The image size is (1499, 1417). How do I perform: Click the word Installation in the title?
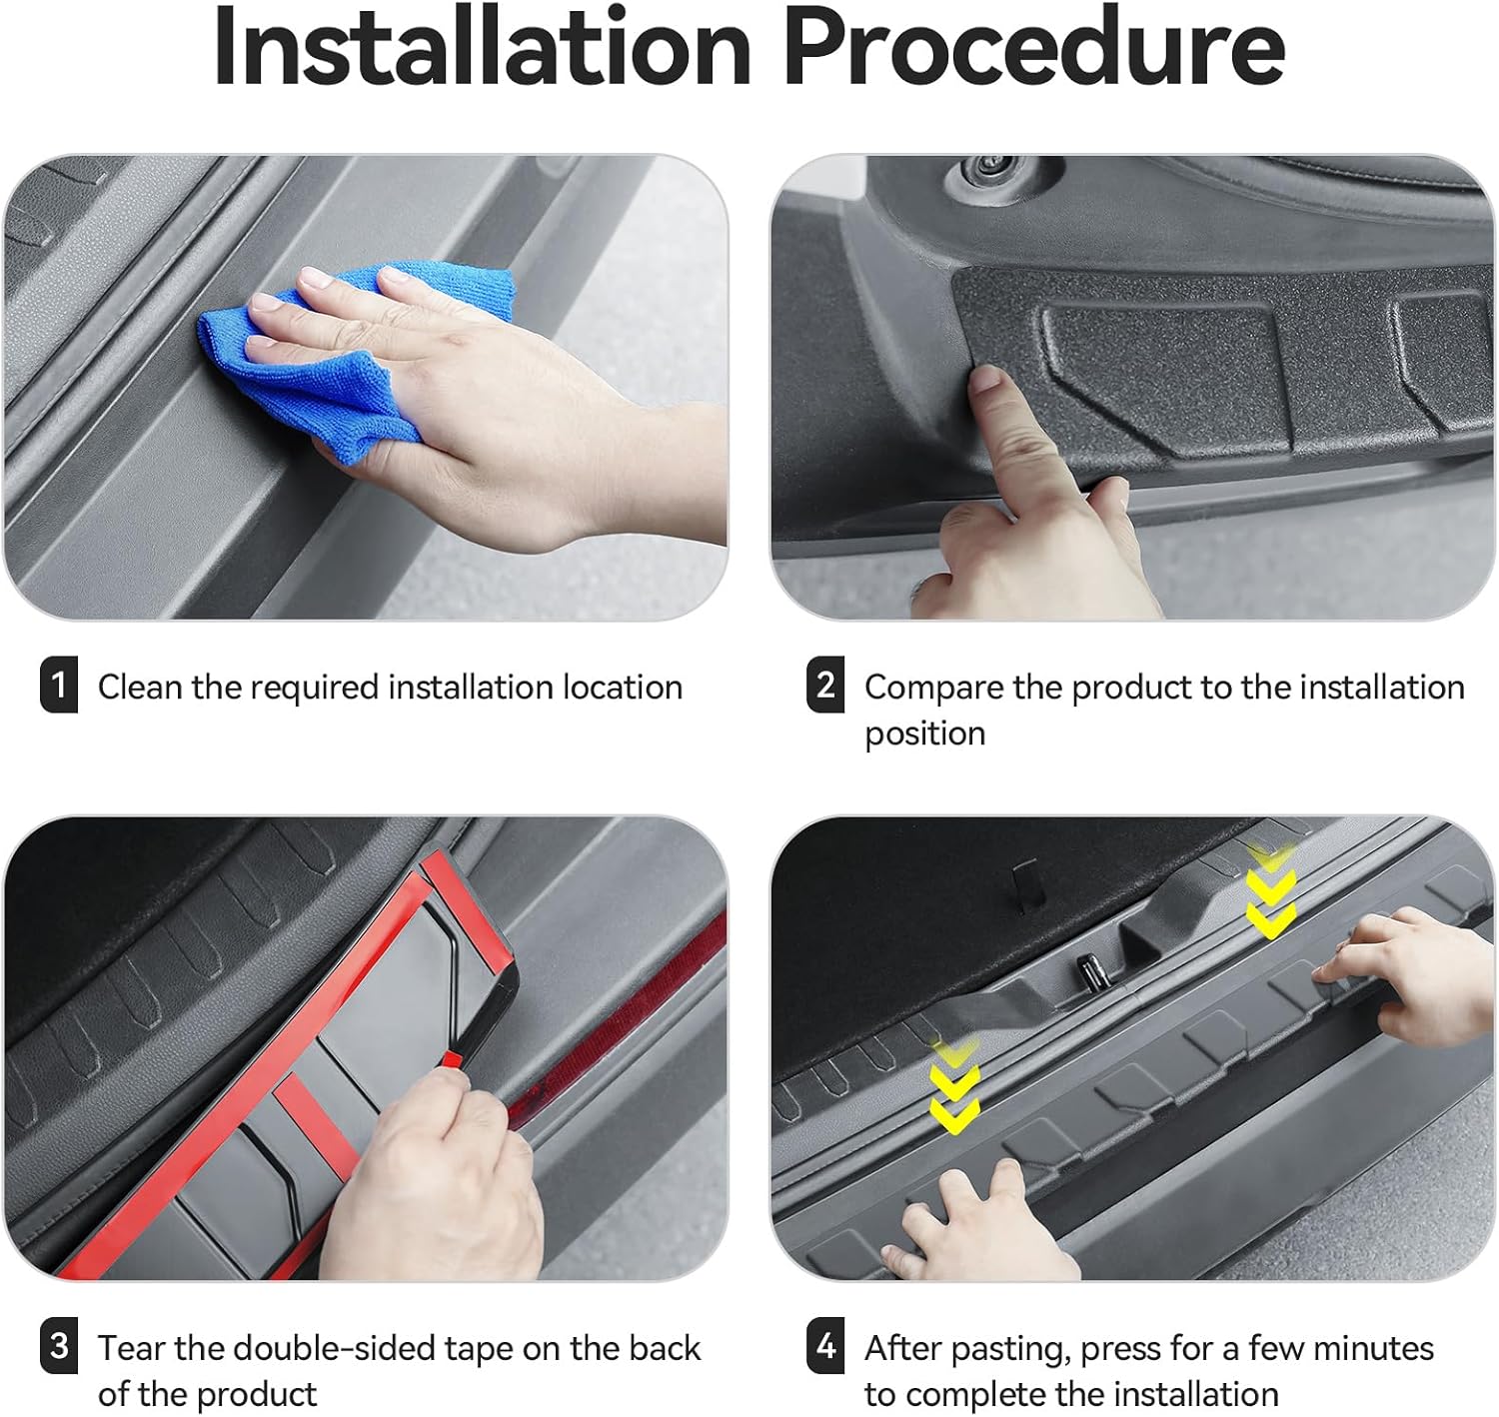(x=483, y=47)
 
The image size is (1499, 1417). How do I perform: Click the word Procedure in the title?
(x=1035, y=47)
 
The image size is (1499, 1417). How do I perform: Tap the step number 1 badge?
(x=59, y=685)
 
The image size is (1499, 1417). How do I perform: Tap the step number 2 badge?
(x=825, y=685)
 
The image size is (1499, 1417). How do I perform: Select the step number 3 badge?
(x=59, y=1345)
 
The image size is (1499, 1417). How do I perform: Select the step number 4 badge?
(x=825, y=1345)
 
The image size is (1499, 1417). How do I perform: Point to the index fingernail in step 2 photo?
(x=987, y=379)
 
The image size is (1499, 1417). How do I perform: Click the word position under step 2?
(x=924, y=733)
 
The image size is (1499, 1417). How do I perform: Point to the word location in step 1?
(x=623, y=687)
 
